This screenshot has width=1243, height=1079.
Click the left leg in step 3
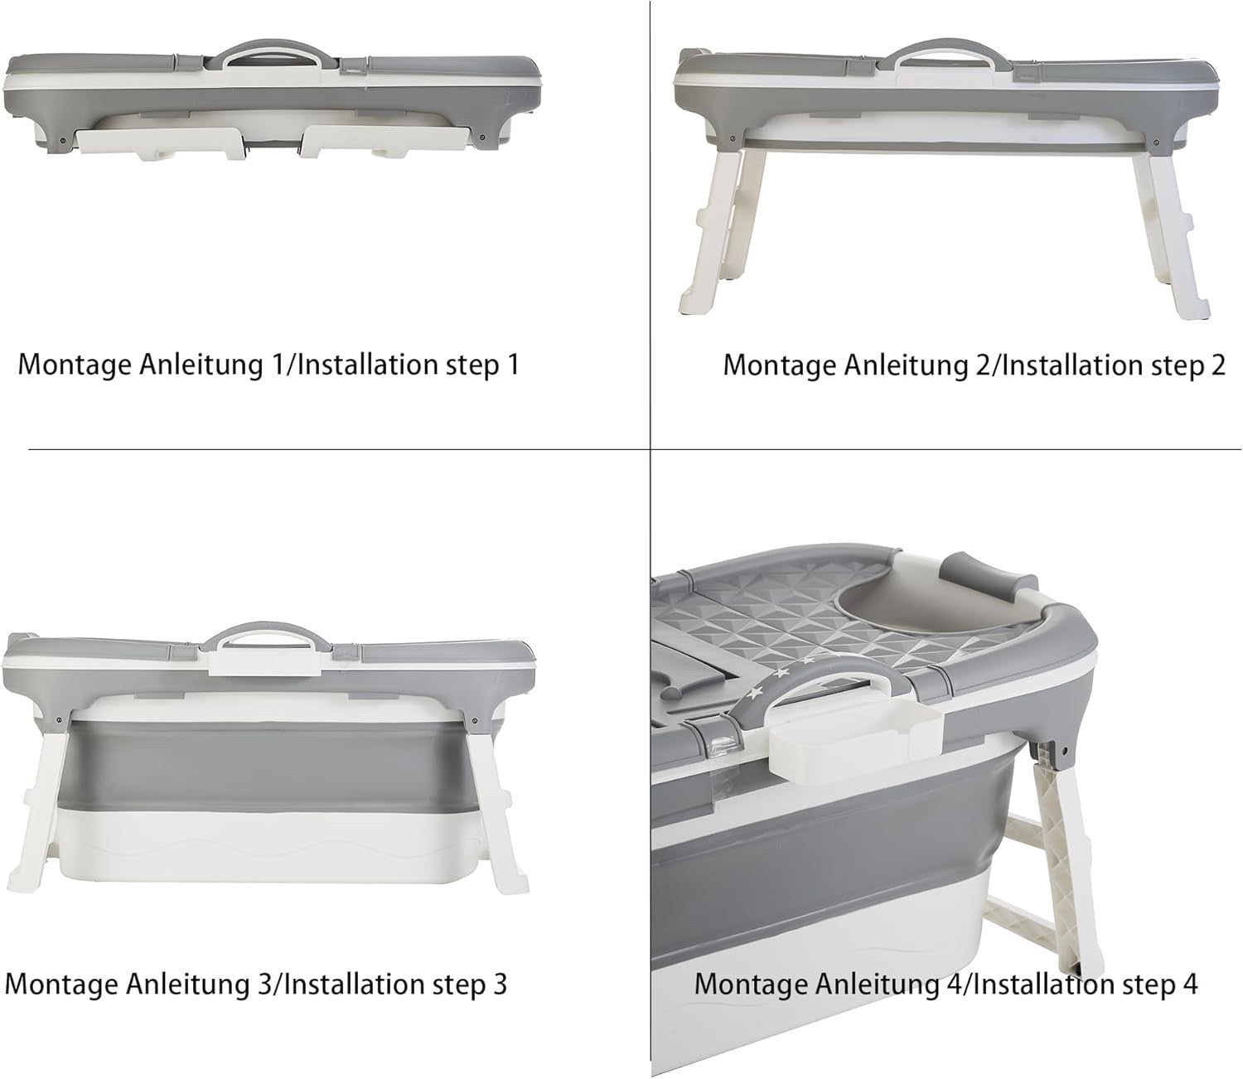[43, 812]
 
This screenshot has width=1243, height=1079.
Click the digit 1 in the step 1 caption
[511, 365]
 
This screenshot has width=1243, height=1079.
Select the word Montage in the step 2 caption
[779, 365]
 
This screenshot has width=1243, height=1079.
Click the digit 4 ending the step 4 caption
[1189, 985]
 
